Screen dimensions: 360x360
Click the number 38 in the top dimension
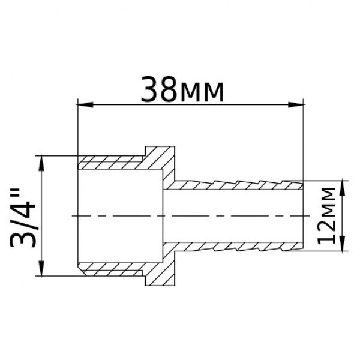tap(160, 91)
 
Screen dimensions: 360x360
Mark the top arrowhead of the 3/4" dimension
tap(41, 162)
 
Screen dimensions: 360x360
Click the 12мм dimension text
tap(326, 215)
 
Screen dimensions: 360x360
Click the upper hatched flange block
tap(160, 157)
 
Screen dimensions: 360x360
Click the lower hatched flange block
tap(160, 273)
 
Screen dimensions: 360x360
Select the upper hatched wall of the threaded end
tap(111, 162)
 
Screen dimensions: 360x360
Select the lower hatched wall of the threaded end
tap(111, 268)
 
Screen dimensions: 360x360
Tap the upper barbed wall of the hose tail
tap(240, 182)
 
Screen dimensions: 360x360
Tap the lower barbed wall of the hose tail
tap(240, 247)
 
